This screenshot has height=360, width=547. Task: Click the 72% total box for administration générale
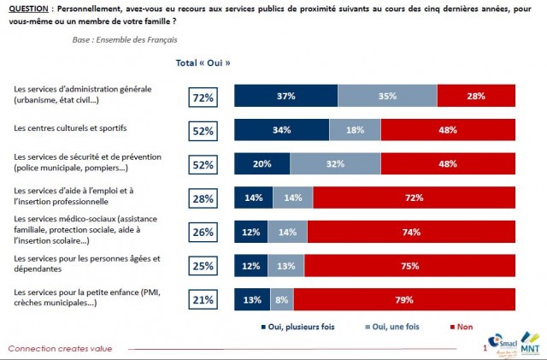click(203, 97)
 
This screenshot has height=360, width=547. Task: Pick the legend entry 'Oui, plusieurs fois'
click(299, 326)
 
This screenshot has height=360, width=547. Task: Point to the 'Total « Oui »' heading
click(203, 62)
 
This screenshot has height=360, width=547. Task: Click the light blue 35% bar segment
click(387, 97)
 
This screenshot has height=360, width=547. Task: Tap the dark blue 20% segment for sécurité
click(262, 164)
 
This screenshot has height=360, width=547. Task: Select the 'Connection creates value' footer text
click(59, 348)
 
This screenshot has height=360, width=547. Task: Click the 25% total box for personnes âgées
click(203, 265)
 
